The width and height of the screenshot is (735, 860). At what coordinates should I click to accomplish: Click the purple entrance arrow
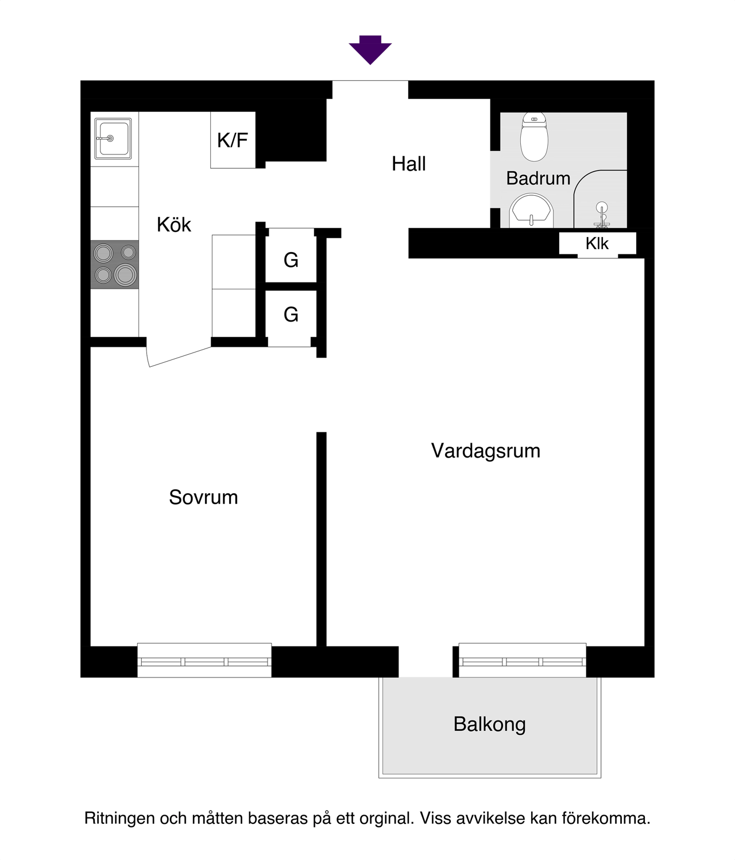(x=370, y=50)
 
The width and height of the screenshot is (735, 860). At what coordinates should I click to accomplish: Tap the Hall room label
(x=409, y=164)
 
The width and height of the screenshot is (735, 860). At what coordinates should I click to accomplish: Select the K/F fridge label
(x=233, y=140)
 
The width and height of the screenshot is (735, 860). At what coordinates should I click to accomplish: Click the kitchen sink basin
(x=113, y=138)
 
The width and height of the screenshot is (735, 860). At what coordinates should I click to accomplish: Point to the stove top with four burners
(x=114, y=264)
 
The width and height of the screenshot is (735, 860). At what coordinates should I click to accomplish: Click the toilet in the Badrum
(x=534, y=137)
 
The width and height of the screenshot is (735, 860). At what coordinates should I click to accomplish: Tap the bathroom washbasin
(x=531, y=211)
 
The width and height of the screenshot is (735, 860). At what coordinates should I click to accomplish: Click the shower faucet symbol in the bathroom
(x=601, y=215)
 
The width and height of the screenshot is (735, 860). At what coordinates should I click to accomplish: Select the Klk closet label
(x=597, y=243)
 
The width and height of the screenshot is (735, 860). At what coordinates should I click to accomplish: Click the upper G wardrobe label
(x=291, y=261)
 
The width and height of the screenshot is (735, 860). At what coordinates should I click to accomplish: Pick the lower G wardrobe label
(x=291, y=315)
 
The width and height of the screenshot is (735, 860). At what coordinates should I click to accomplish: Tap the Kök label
(x=174, y=224)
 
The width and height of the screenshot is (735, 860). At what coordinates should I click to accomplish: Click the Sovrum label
(x=203, y=497)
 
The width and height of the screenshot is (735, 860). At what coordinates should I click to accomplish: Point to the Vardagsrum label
(x=486, y=451)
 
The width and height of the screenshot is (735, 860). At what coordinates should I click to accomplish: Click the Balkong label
(x=489, y=725)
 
